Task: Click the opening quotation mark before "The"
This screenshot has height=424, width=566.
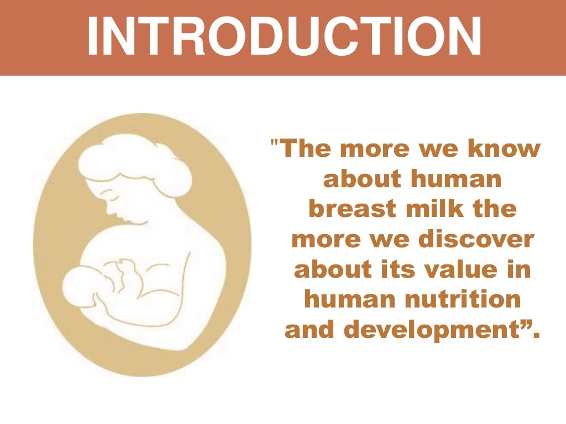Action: coord(275,145)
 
